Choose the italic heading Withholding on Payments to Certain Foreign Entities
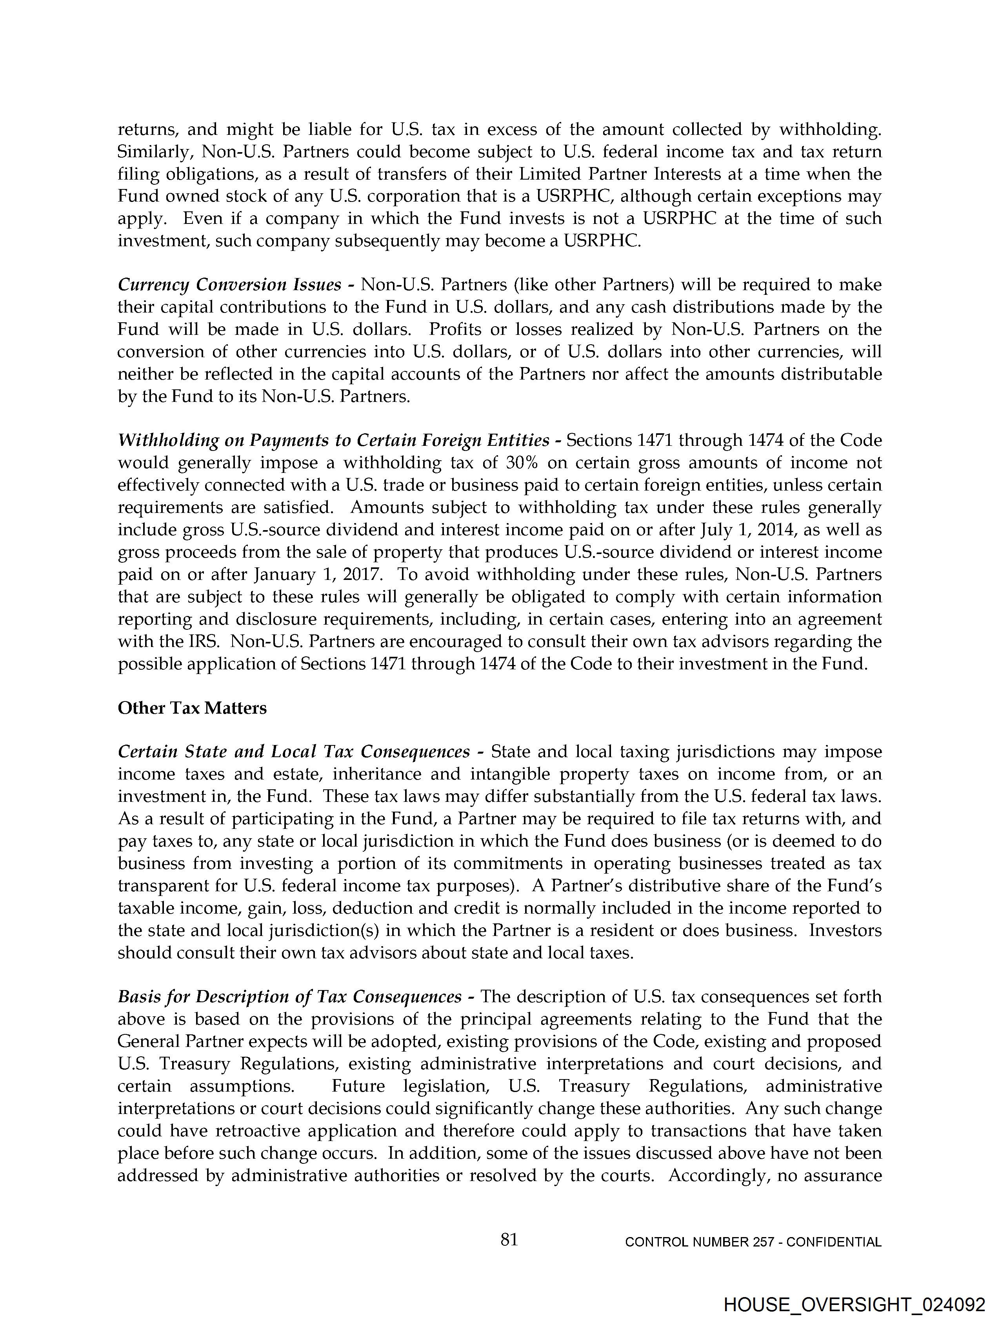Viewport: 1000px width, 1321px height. pyautogui.click(x=333, y=441)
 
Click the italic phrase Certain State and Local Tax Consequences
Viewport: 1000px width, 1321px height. pyautogui.click(x=293, y=752)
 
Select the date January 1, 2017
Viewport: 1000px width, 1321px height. pyautogui.click(x=317, y=574)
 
